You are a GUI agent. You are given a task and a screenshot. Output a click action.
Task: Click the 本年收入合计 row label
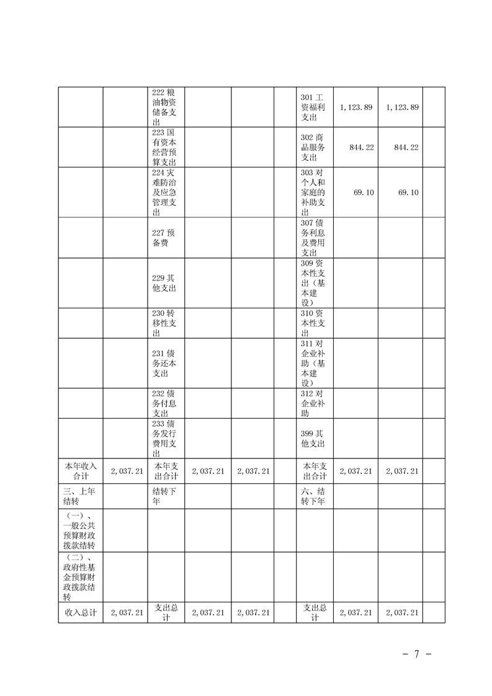click(x=81, y=471)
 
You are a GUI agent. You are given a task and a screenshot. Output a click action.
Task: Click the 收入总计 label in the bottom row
click(x=81, y=612)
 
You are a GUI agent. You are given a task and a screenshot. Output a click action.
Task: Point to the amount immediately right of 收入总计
click(x=127, y=612)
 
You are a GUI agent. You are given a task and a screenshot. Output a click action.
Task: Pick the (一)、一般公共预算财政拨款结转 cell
click(x=81, y=530)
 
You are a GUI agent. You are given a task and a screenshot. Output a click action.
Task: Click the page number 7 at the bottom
click(x=417, y=654)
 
